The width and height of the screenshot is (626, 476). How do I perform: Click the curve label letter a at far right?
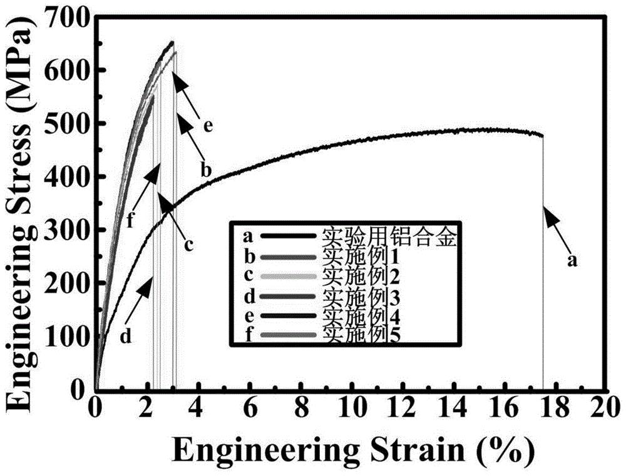(571, 261)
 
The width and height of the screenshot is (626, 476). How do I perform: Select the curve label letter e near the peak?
(208, 126)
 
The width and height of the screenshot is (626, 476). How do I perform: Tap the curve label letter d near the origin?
(125, 337)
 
